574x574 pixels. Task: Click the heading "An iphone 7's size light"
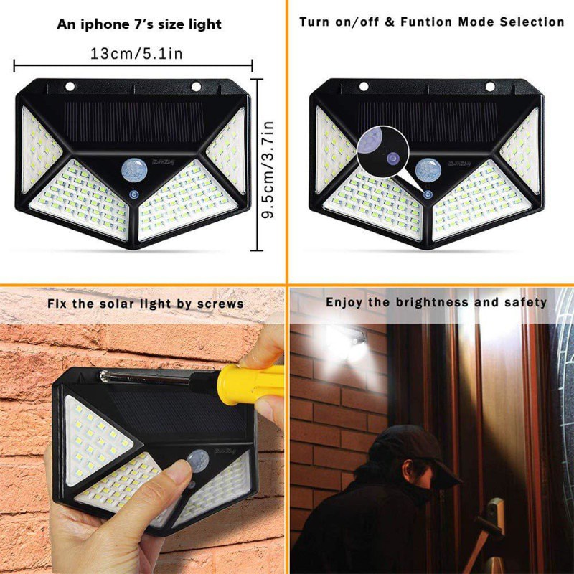click(x=139, y=24)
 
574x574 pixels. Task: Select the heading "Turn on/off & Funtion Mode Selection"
click(x=431, y=22)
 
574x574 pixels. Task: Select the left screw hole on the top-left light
click(x=70, y=87)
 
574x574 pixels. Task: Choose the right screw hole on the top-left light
click(x=195, y=87)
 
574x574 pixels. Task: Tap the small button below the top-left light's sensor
click(x=133, y=194)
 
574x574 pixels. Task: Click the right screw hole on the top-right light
click(x=490, y=87)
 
